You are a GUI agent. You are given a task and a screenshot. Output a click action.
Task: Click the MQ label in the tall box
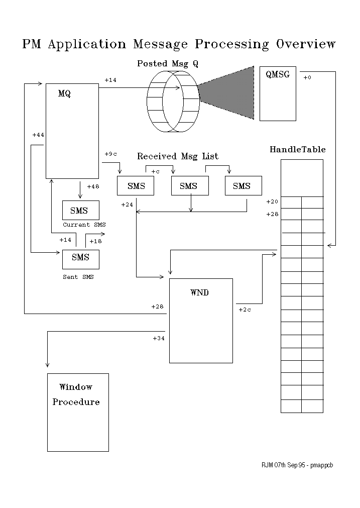(64, 93)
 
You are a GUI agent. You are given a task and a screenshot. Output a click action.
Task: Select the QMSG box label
(278, 74)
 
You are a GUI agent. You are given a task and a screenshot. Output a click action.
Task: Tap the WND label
(199, 292)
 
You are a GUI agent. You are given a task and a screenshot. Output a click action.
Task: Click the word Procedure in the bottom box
(76, 402)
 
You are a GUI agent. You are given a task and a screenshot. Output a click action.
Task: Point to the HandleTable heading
(298, 149)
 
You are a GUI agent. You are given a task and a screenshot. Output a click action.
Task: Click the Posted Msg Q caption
(168, 64)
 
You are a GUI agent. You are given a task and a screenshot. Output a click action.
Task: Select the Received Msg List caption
(178, 156)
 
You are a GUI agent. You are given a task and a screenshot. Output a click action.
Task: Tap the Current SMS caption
(84, 225)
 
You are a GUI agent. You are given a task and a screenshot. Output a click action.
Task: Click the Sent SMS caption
(78, 277)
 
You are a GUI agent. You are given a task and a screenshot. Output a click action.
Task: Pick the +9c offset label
(111, 154)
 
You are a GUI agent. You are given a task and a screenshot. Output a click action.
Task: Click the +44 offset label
(38, 135)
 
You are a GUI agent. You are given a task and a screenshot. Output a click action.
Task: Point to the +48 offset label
(93, 186)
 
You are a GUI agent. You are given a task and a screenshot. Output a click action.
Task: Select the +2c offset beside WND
(245, 310)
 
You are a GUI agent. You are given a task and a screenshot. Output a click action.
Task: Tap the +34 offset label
(159, 338)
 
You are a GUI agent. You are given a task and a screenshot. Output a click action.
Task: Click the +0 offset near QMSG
(307, 77)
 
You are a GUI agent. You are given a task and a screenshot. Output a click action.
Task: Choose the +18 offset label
(95, 241)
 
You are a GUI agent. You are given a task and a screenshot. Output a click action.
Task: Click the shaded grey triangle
(233, 93)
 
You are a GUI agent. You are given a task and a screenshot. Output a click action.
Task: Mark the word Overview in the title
(306, 44)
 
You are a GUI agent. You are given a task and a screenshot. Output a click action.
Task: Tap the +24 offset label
(127, 205)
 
